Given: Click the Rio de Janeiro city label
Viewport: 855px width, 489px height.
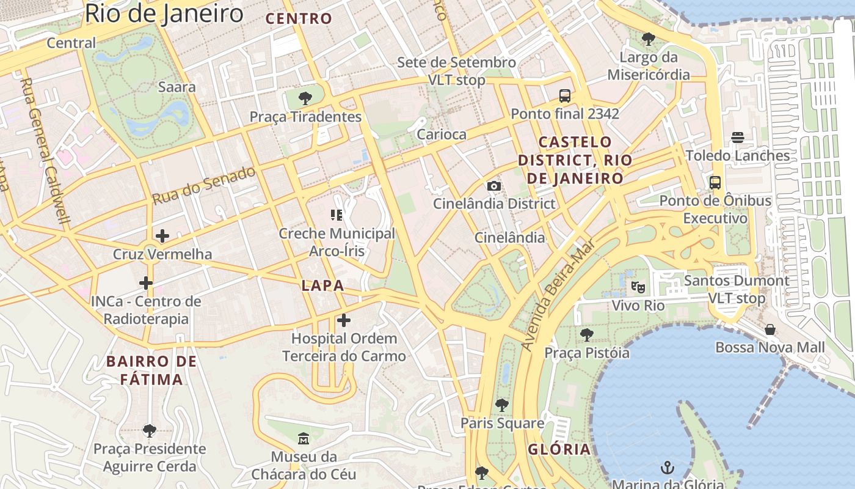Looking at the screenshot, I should (x=164, y=13).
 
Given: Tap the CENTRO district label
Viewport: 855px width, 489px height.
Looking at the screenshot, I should (x=299, y=18).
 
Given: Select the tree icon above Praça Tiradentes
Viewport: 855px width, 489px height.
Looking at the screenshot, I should (x=305, y=98).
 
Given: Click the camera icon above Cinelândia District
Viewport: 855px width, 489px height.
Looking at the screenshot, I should (x=494, y=186).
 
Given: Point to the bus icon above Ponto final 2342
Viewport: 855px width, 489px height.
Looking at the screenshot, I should (x=565, y=96).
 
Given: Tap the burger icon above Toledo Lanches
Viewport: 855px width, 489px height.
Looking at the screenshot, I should (x=738, y=138).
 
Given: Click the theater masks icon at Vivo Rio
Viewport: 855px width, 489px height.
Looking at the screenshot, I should (x=638, y=287).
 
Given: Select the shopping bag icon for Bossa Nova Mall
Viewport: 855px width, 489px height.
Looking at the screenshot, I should (x=770, y=329).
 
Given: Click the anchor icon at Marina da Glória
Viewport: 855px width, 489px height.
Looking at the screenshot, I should (x=668, y=468).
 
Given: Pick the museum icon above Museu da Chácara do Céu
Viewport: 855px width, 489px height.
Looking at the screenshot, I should (x=304, y=439).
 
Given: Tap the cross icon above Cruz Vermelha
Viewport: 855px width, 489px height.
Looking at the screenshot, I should (x=162, y=236).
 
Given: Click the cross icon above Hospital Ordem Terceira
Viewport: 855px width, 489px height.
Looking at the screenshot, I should (x=344, y=320).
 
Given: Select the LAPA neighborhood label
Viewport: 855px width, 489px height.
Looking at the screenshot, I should (x=322, y=285).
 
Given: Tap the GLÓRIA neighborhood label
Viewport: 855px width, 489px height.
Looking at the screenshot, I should (x=559, y=449).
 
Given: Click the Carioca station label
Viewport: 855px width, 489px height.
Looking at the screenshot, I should (x=441, y=134).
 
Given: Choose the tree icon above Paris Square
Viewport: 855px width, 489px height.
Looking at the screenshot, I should (x=501, y=405).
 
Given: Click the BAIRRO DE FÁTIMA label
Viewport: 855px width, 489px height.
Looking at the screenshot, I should (x=151, y=370).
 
